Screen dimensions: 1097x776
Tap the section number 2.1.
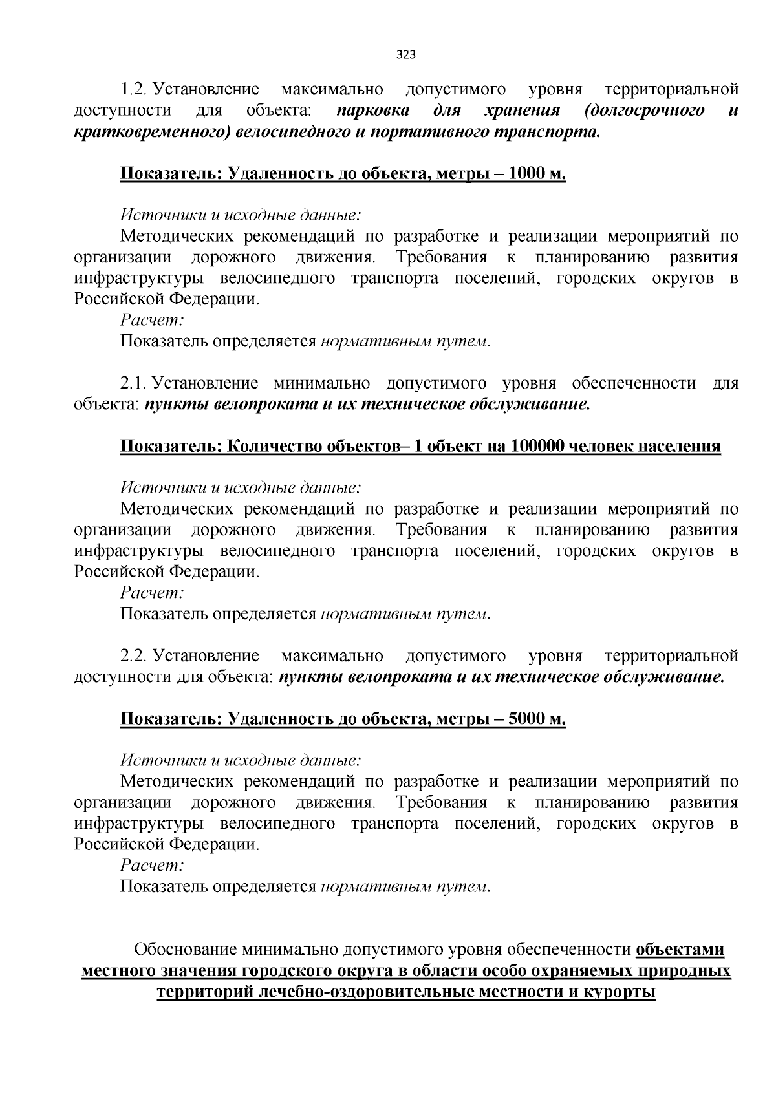[x=133, y=383]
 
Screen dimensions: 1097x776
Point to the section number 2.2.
[x=133, y=656]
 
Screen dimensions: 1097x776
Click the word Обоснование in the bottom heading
[x=186, y=949]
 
